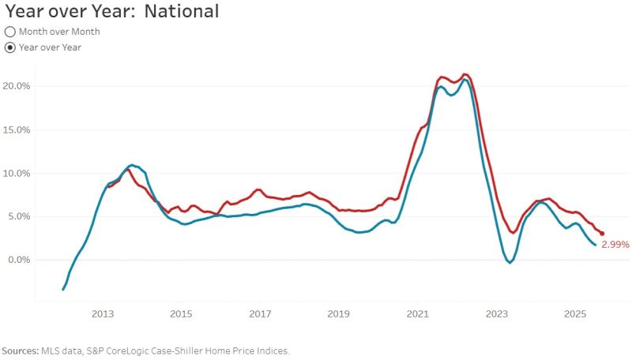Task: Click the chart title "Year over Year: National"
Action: coord(111,12)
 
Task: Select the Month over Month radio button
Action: coord(10,32)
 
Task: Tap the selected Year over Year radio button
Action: coord(10,47)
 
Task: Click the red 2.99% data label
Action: coord(615,245)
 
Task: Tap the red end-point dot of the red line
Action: coord(602,234)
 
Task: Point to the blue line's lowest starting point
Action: coord(63,290)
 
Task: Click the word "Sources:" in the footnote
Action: coord(21,351)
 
